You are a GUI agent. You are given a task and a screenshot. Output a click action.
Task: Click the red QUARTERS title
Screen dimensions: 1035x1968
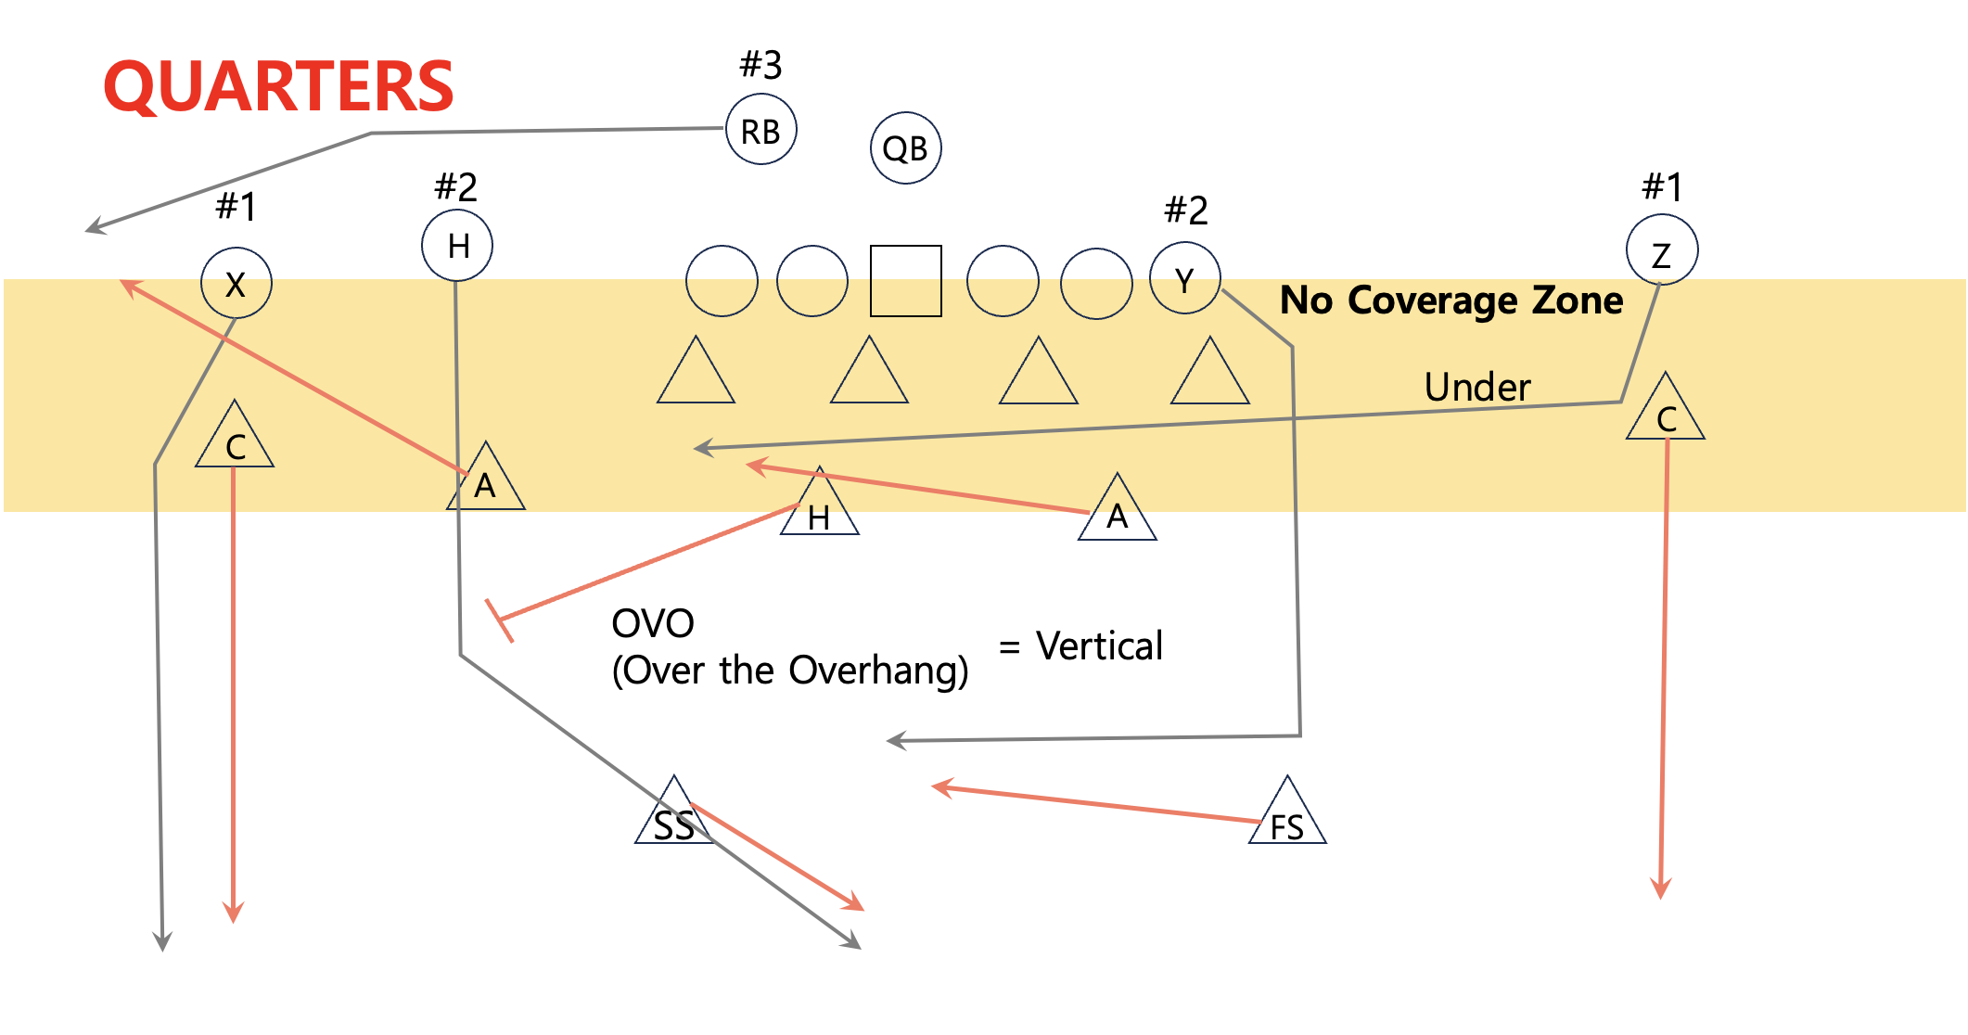tap(278, 86)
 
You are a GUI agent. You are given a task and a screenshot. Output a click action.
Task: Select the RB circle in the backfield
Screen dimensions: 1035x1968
tap(760, 131)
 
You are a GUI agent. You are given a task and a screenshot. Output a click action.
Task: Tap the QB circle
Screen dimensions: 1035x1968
tap(905, 148)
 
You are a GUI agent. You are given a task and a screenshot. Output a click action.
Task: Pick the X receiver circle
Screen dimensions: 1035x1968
tap(236, 284)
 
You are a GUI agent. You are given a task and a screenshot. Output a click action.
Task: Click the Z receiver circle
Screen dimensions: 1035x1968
tap(1661, 251)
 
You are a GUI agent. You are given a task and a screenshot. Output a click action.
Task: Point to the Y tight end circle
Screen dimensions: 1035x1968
tap(1184, 278)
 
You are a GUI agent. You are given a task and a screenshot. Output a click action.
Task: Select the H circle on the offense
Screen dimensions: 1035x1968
tap(457, 246)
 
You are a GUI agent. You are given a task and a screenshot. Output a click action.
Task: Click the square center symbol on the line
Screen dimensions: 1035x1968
tap(905, 281)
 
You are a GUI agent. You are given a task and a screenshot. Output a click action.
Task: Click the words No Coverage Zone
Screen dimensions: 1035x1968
tap(1450, 300)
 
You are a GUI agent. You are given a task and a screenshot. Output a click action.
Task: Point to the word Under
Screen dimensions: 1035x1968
tap(1476, 388)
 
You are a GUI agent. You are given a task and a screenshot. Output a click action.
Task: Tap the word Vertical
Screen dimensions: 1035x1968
tap(1099, 646)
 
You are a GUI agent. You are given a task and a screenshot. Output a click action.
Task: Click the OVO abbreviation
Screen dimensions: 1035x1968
tap(653, 624)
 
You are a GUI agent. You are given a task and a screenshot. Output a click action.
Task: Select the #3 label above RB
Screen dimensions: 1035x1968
tap(760, 65)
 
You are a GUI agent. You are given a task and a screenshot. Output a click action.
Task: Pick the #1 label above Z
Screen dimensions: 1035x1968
tap(1661, 187)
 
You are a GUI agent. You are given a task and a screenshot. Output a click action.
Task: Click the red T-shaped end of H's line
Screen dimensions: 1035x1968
tap(499, 620)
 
